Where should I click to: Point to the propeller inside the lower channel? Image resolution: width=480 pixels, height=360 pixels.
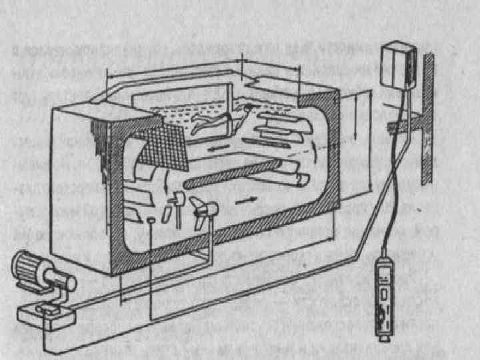pyautogui.click(x=203, y=212)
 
